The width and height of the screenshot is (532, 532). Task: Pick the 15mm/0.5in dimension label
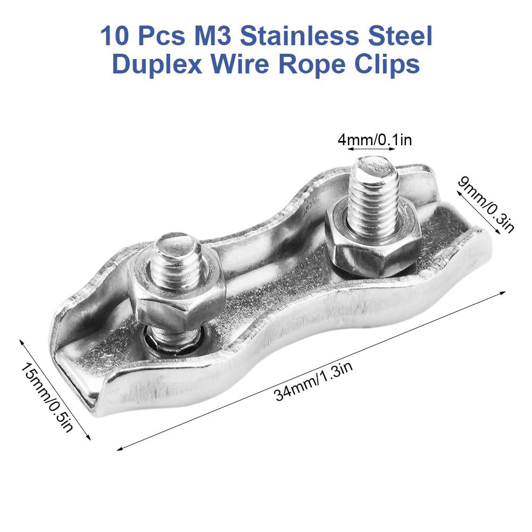(x=47, y=397)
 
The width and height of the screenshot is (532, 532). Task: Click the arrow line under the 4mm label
(x=375, y=151)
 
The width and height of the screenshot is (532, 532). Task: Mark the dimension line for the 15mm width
(x=56, y=388)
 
